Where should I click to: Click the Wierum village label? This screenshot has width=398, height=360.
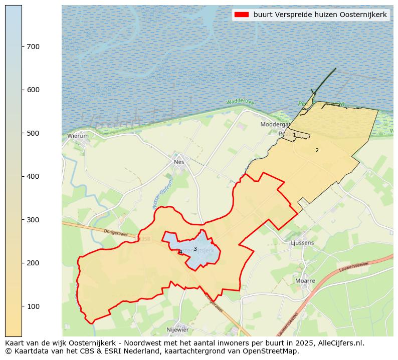click(x=78, y=136)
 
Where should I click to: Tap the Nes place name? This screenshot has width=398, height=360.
click(x=178, y=162)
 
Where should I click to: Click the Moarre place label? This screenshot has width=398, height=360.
click(x=305, y=281)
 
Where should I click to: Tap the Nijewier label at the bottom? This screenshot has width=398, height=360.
click(x=177, y=330)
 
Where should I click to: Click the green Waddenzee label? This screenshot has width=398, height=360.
click(x=240, y=102)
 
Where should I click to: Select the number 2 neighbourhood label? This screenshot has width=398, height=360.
click(x=317, y=150)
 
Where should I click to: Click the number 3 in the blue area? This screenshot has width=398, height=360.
click(x=195, y=249)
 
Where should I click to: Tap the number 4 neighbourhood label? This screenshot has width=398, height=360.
click(x=180, y=252)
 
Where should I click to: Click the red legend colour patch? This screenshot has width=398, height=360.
click(x=241, y=15)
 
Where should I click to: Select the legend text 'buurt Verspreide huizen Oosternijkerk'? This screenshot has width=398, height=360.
click(x=320, y=15)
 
